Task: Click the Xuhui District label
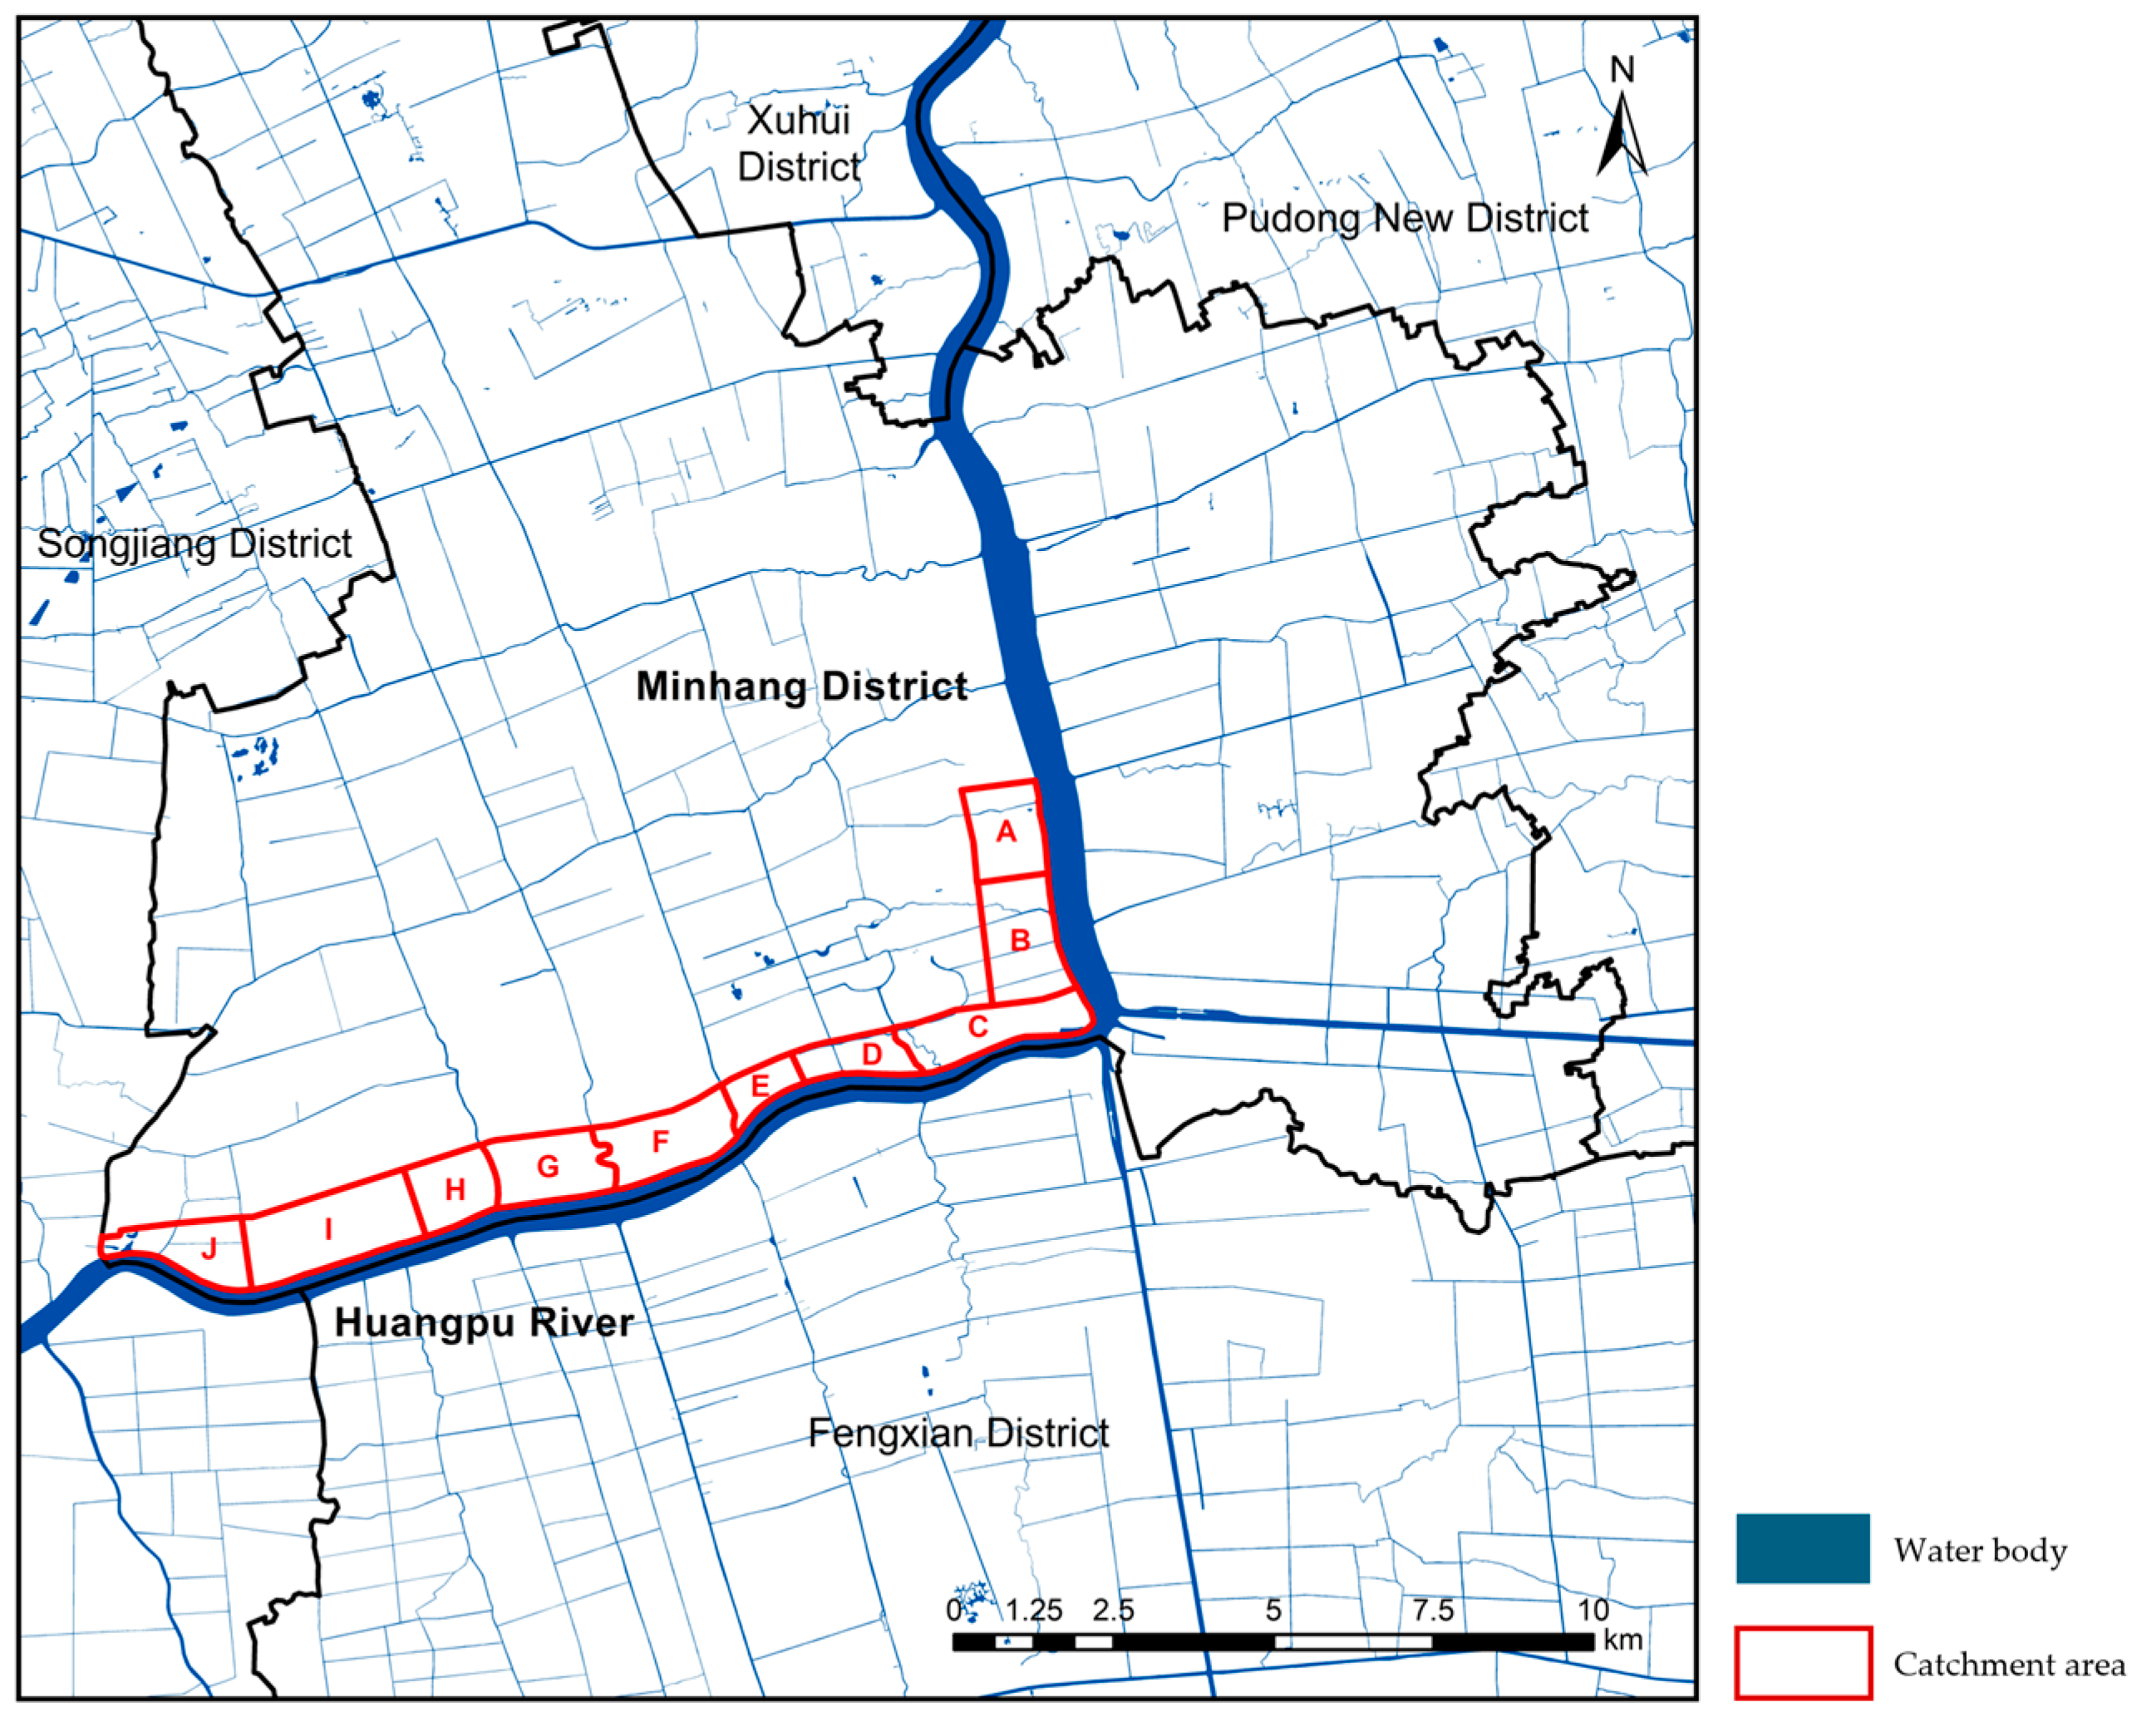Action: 799,143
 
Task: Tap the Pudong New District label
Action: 1404,218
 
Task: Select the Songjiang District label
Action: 195,544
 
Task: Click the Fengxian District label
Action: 958,1433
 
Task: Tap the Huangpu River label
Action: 484,1322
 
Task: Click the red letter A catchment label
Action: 1007,832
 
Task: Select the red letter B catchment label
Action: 1021,940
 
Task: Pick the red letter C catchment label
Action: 978,1026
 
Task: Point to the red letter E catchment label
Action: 760,1085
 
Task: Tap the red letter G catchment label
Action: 548,1167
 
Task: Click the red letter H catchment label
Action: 455,1189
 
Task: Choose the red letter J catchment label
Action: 209,1249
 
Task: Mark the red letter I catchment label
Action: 329,1229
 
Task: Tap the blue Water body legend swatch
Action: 1802,1549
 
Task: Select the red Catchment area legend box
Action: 1802,1662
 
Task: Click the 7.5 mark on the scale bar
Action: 1433,1610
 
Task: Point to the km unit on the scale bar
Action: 1623,1640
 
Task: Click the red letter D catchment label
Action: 872,1055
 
